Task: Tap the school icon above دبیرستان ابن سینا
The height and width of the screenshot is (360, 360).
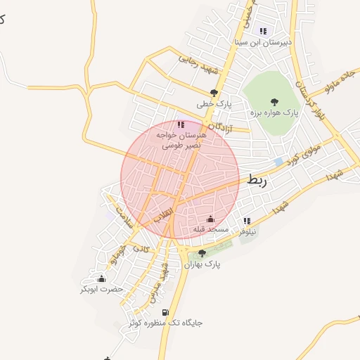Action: pyautogui.click(x=263, y=31)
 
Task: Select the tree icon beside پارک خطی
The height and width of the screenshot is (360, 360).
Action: pyautogui.click(x=214, y=92)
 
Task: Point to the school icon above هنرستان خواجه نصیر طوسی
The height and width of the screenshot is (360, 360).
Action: pyautogui.click(x=181, y=124)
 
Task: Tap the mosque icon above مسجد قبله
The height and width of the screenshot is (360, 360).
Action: pyautogui.click(x=210, y=219)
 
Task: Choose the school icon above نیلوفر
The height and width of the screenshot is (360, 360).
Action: pyautogui.click(x=246, y=221)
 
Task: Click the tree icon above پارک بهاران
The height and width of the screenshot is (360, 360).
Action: pyautogui.click(x=202, y=253)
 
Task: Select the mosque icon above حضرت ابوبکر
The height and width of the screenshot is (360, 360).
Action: pyautogui.click(x=101, y=278)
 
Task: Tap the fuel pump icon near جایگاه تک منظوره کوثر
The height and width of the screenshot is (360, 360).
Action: pyautogui.click(x=165, y=312)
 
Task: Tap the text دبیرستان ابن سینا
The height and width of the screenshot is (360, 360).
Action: pyautogui.click(x=263, y=43)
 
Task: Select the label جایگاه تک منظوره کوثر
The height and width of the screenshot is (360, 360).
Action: pyautogui.click(x=166, y=323)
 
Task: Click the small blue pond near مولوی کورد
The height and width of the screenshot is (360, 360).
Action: pyautogui.click(x=279, y=162)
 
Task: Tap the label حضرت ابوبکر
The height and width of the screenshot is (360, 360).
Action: pyautogui.click(x=101, y=290)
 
